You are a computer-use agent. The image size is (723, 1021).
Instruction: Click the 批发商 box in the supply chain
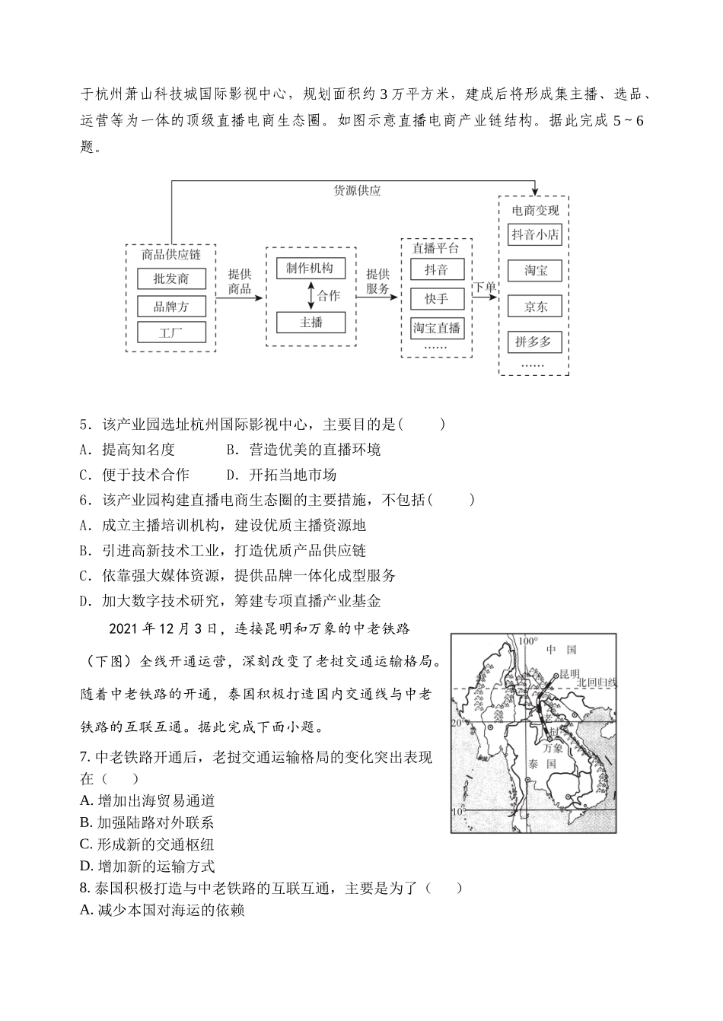[170, 279]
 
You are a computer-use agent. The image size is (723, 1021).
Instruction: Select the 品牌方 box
[170, 306]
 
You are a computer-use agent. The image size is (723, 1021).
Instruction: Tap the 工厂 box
[170, 332]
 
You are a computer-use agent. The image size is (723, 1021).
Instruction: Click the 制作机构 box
[310, 268]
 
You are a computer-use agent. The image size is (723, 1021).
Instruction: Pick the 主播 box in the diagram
[310, 323]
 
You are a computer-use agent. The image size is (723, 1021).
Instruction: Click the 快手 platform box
[436, 299]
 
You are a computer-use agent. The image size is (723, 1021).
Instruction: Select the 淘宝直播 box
[436, 328]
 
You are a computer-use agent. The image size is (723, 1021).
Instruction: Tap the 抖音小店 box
[534, 234]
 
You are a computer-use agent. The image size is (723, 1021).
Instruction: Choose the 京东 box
[534, 307]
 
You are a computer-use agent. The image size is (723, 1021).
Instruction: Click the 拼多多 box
[534, 342]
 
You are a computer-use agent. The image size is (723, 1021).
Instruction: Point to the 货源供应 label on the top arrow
[357, 190]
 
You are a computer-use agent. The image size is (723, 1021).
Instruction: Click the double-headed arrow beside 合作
[311, 295]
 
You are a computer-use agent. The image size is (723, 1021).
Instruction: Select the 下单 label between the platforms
[485, 287]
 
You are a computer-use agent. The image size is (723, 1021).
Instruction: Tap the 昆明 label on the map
[569, 674]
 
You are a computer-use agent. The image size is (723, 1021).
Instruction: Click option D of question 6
[85, 602]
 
